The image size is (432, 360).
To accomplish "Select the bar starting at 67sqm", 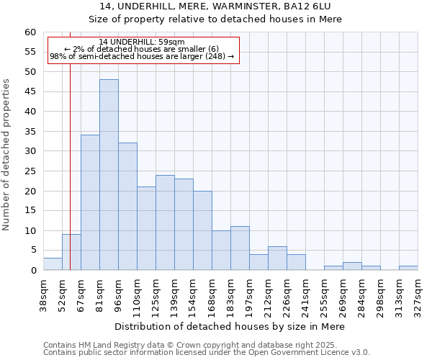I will pos(90,202).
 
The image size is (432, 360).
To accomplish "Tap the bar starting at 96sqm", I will pos(127,207).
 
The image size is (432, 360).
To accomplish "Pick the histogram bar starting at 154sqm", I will pos(202,230).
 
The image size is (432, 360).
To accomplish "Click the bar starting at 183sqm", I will pos(240,248).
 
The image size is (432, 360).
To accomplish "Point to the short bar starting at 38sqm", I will pos(53,264).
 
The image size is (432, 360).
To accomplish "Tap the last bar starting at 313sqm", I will pos(408,268).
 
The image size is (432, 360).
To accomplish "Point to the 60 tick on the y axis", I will pos(30,32).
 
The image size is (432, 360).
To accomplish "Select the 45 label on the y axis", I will pos(30,91).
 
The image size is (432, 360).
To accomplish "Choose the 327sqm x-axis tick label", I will pos(418,292).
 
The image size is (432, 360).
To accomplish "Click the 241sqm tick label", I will pos(305,292).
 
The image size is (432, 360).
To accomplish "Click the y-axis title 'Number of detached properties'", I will pos(7,154).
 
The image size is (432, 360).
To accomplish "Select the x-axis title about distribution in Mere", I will pos(230,326).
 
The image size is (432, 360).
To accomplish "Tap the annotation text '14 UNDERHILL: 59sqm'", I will pos(142,42).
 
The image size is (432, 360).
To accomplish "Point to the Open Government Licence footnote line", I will pos(207,352).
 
